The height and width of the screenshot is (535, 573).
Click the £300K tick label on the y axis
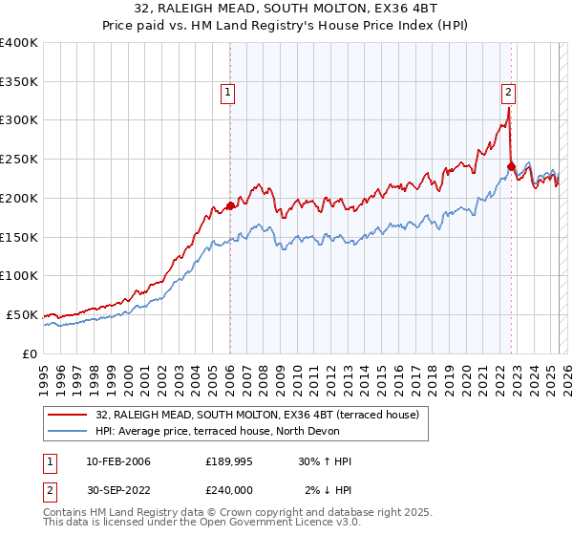pos(19,120)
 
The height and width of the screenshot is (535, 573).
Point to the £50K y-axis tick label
pos(22,314)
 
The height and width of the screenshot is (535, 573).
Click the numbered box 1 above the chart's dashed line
pos(229,93)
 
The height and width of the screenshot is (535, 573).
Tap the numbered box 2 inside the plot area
pos(509,93)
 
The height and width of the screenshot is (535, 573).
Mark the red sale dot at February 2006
pos(230,205)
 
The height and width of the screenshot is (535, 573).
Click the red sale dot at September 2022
pos(511,166)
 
